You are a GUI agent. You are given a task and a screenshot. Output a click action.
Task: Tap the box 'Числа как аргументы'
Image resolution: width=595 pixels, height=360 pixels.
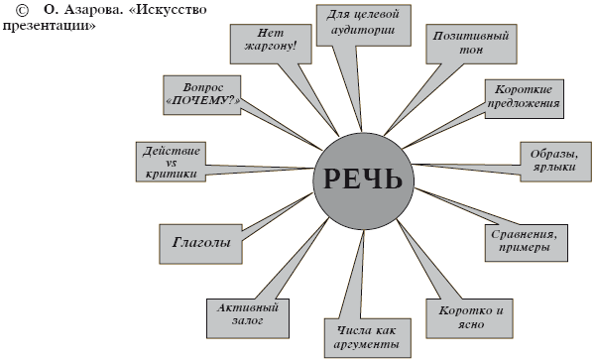pyautogui.click(x=366, y=338)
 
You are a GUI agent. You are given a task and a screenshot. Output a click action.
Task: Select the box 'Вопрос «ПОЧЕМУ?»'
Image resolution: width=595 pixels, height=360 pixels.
pyautogui.click(x=203, y=92)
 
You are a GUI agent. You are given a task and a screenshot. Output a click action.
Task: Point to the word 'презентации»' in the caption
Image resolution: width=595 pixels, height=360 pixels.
pyautogui.click(x=50, y=26)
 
